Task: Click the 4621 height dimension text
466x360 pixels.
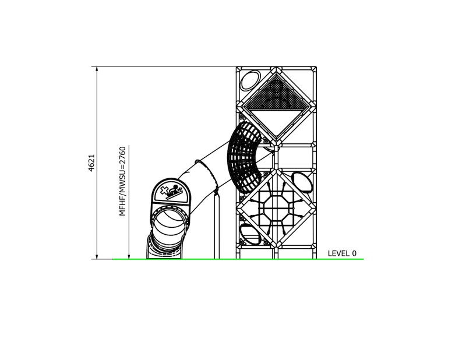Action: (91, 163)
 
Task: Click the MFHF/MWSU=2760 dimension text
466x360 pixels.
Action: (122, 181)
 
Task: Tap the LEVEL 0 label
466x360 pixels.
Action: (342, 253)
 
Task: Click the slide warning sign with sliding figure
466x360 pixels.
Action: (172, 192)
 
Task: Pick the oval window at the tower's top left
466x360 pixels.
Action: (250, 80)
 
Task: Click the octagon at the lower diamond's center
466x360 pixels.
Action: (275, 208)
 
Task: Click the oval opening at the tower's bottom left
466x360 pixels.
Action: (249, 234)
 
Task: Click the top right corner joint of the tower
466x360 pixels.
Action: (314, 69)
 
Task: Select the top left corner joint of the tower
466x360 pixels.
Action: (239, 69)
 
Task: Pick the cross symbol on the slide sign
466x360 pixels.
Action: (165, 189)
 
